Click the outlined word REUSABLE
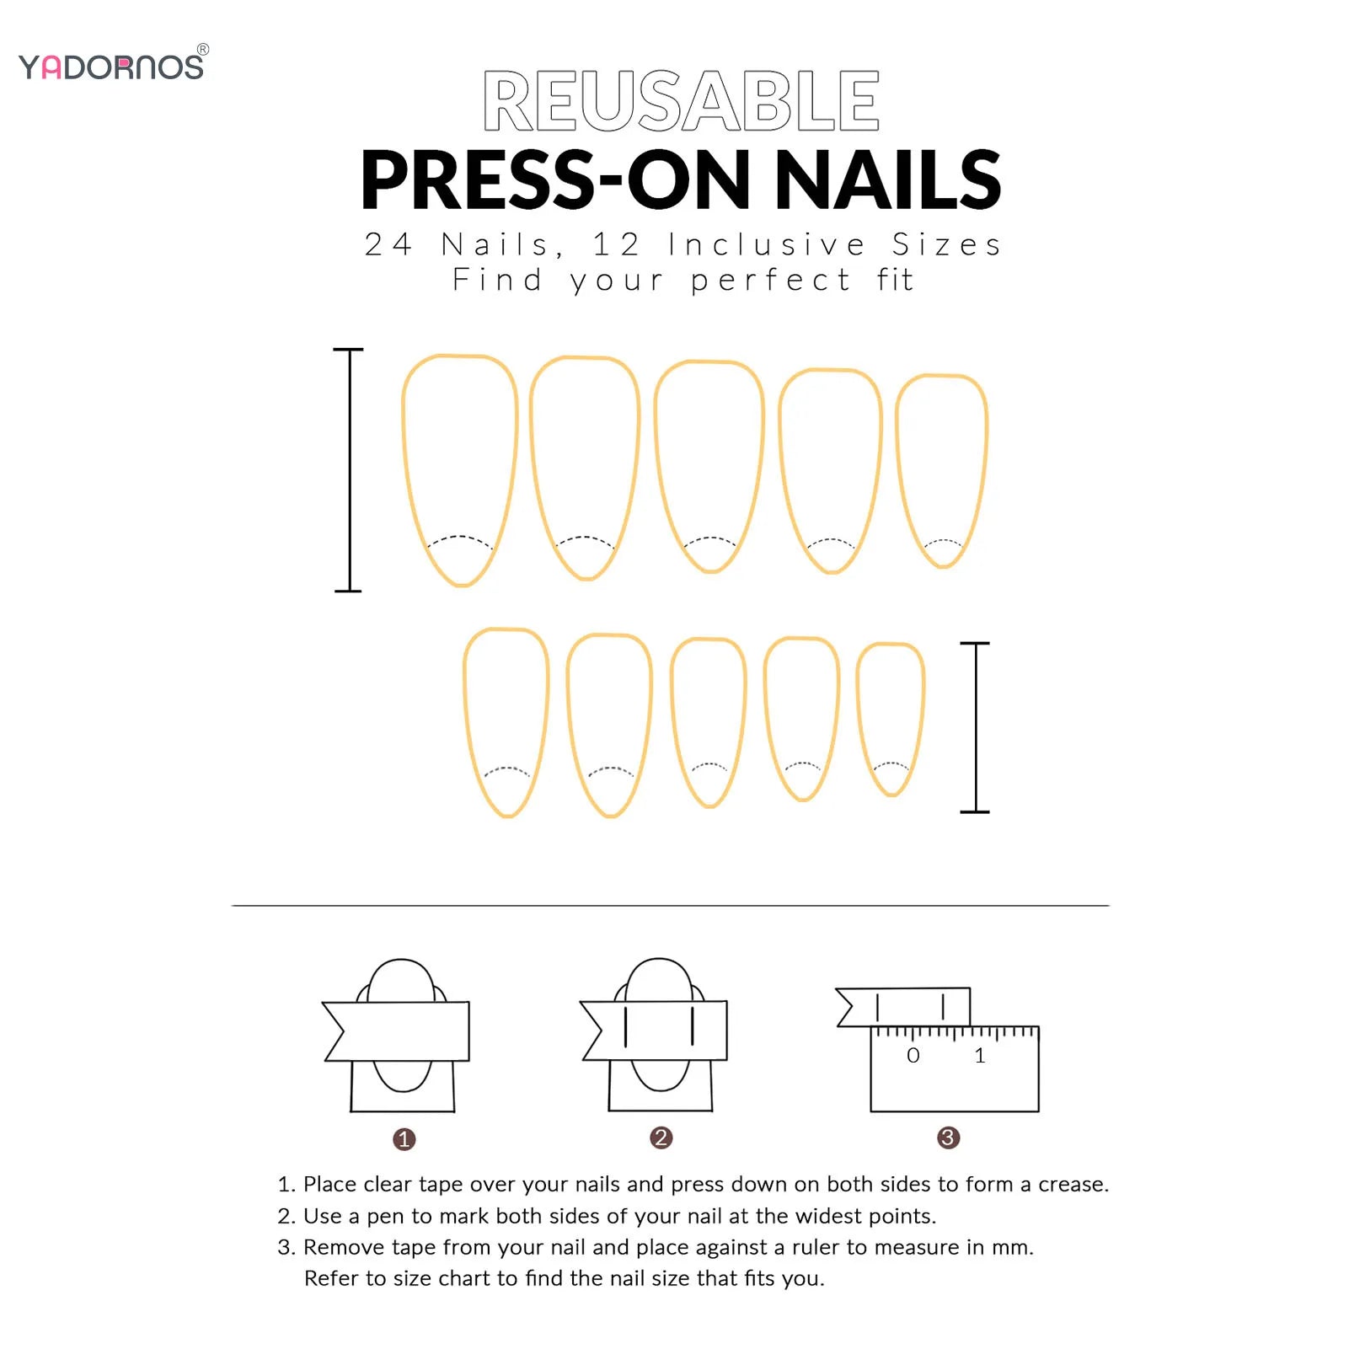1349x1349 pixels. (x=682, y=101)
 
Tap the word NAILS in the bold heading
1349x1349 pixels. (x=887, y=179)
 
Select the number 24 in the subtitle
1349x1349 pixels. (x=388, y=244)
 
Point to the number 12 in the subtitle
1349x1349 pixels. (x=618, y=244)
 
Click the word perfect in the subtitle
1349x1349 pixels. (x=771, y=281)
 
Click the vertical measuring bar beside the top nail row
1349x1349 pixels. (x=349, y=470)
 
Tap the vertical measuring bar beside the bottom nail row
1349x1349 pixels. (x=975, y=727)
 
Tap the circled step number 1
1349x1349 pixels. (x=404, y=1139)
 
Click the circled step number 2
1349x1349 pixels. (x=661, y=1138)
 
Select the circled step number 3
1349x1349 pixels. (x=949, y=1138)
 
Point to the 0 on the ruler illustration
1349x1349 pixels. (x=913, y=1056)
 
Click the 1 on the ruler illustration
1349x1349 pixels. (x=980, y=1056)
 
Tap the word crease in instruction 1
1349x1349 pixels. (x=1070, y=1185)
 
